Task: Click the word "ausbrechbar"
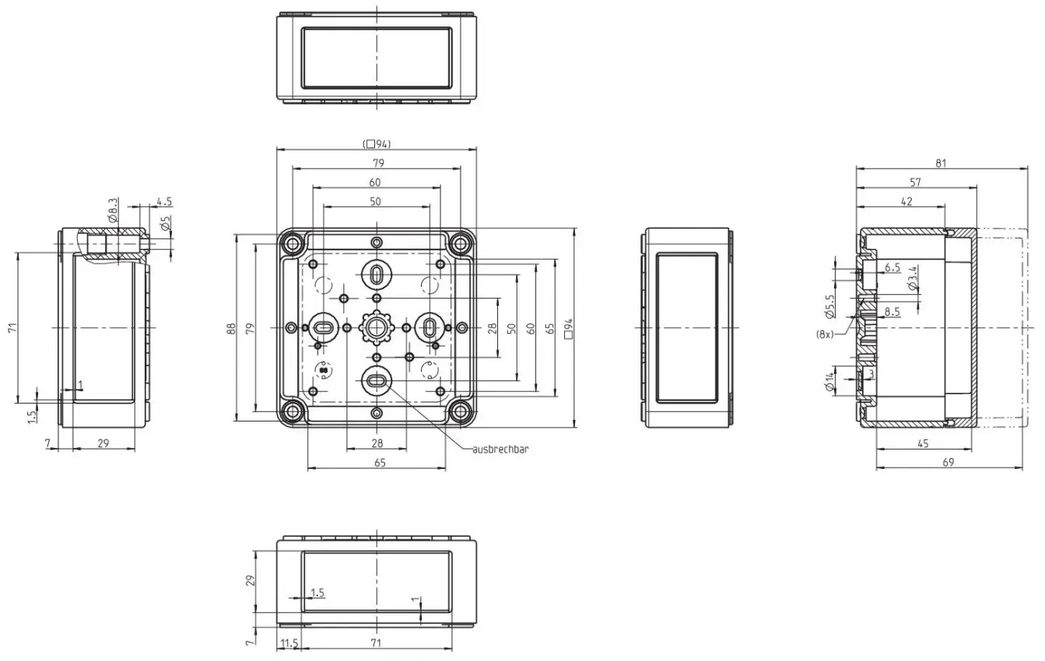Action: pyautogui.click(x=500, y=449)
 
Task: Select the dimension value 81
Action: pyautogui.click(x=941, y=163)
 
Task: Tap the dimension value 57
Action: pyautogui.click(x=916, y=182)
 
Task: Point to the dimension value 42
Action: pyautogui.click(x=906, y=201)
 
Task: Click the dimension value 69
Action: pyautogui.click(x=949, y=462)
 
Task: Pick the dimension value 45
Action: pyautogui.click(x=924, y=443)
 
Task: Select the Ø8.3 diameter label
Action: pyautogui.click(x=112, y=210)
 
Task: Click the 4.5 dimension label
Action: pyautogui.click(x=164, y=202)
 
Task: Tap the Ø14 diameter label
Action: pyautogui.click(x=829, y=382)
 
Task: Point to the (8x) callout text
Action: pyautogui.click(x=824, y=334)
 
